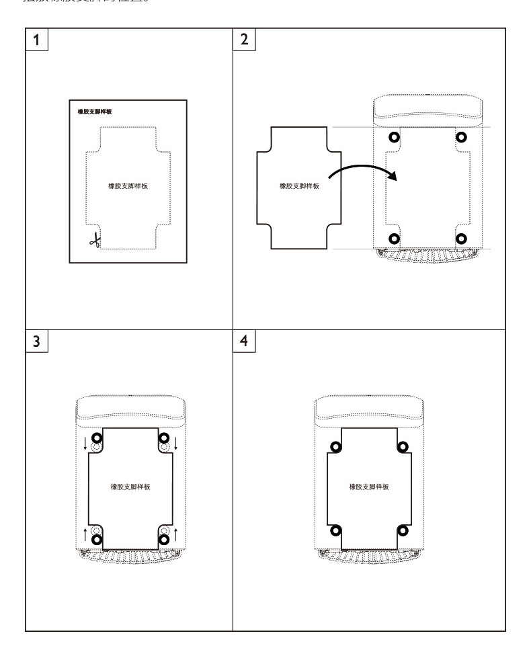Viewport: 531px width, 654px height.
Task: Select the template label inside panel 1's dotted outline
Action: pos(128,186)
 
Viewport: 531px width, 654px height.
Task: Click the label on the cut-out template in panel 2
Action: pos(299,186)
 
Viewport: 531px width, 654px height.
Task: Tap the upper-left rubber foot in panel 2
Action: pos(395,138)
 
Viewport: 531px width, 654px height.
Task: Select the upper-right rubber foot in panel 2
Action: pos(461,138)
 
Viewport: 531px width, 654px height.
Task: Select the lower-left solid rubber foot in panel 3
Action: pos(97,538)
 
